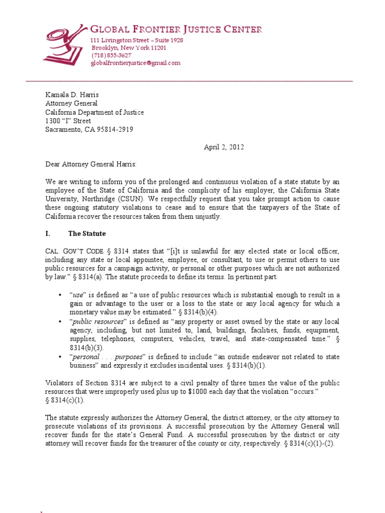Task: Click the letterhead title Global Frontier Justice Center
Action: pos(176,30)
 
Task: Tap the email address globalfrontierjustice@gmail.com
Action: pos(135,63)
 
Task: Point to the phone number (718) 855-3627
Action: pos(111,55)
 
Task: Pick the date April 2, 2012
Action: pos(223,147)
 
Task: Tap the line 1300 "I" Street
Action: pos(68,121)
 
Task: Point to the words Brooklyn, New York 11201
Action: pos(129,48)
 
